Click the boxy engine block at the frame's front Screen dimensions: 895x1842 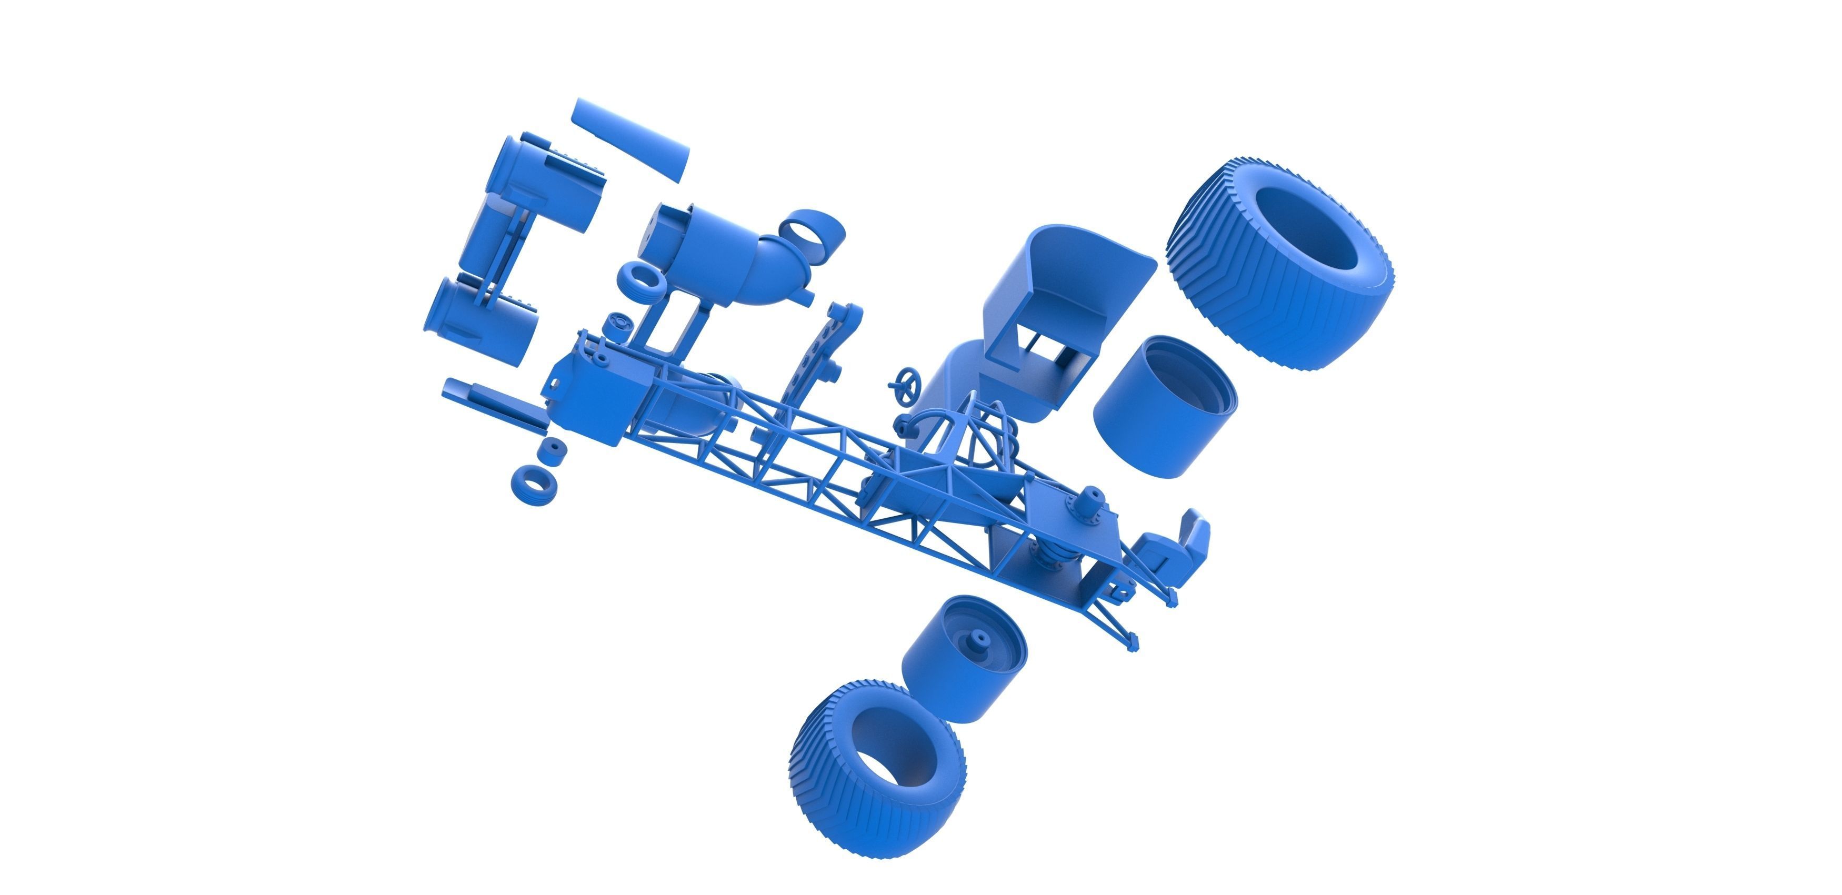tap(594, 393)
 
